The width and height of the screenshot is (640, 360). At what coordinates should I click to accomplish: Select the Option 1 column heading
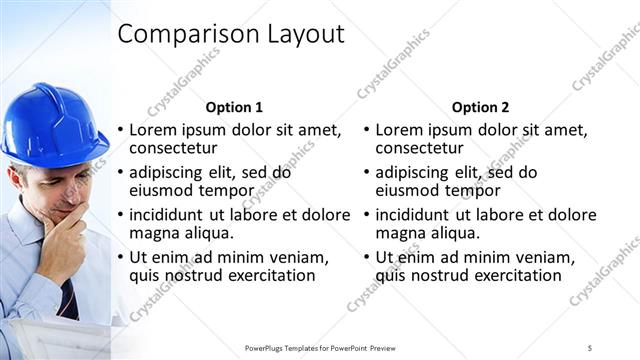coord(234,107)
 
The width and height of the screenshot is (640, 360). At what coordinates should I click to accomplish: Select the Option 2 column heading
coord(480,107)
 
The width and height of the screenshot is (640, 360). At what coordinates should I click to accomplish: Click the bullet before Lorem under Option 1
coord(121,130)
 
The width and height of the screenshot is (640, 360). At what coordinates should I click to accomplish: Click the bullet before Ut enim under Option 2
coord(367,257)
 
